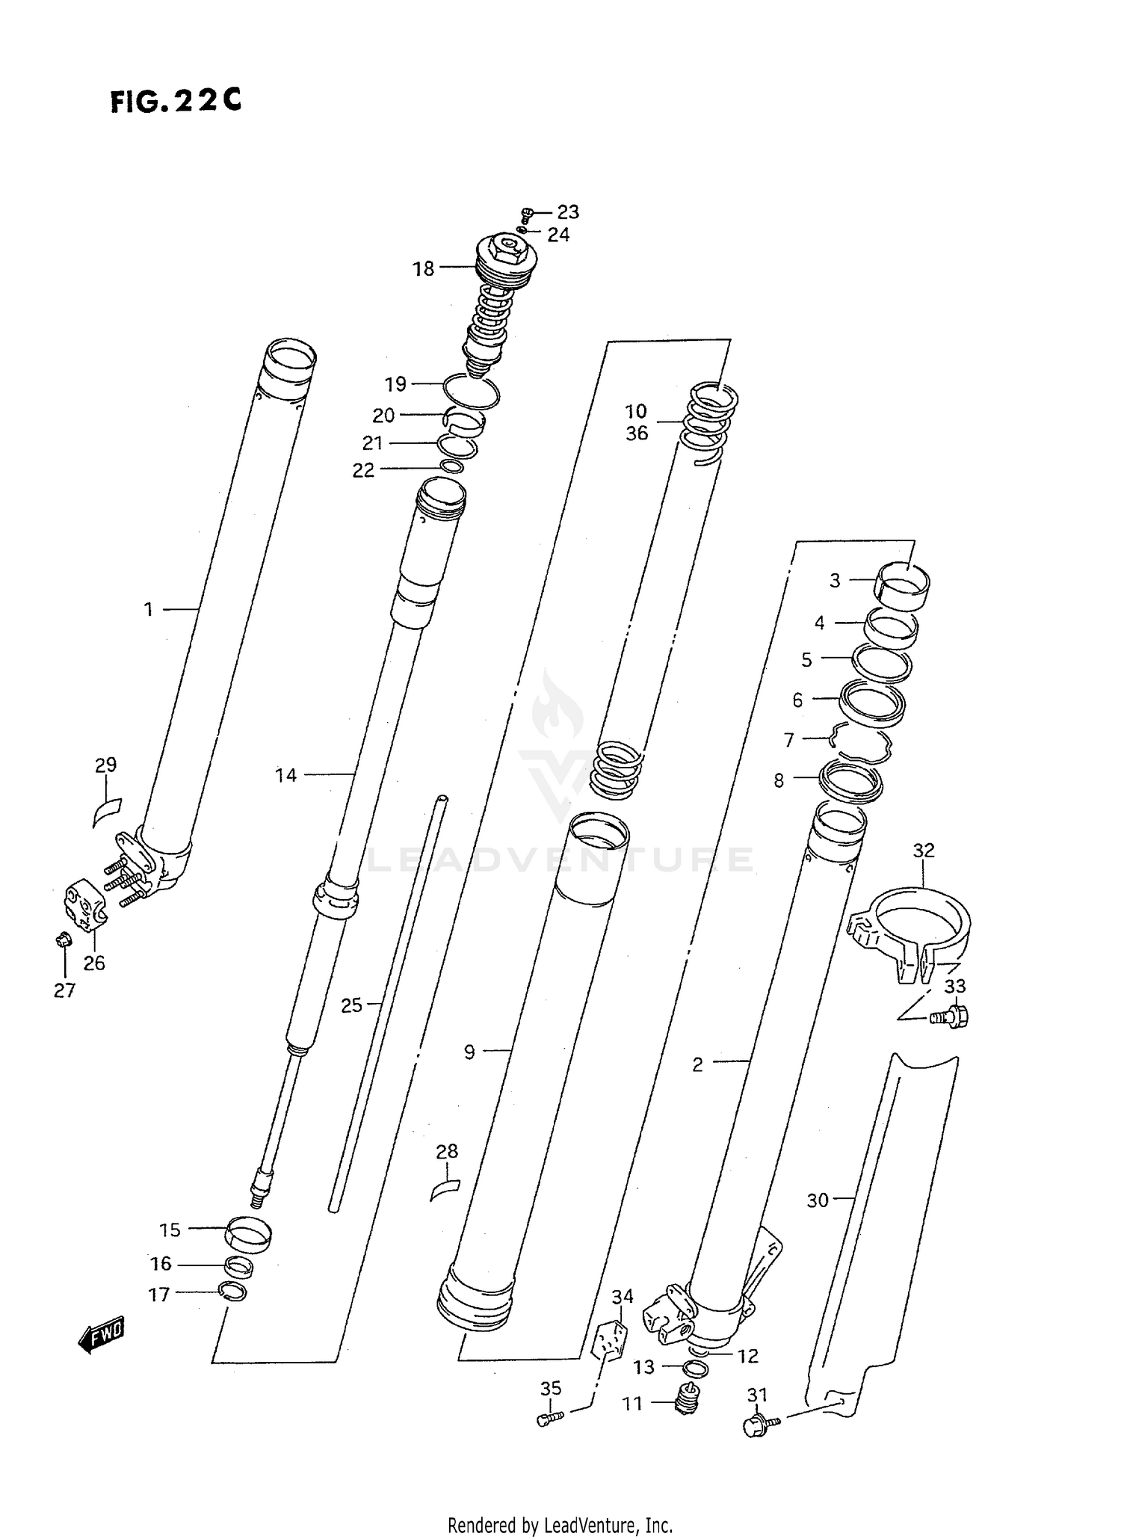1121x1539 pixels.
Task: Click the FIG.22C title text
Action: tap(176, 100)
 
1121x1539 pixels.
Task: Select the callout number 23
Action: tap(568, 212)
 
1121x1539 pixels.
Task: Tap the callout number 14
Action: tap(285, 776)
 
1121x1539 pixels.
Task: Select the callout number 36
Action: tap(637, 434)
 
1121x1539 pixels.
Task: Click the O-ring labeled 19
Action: tap(471, 391)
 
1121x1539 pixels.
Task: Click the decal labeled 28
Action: tap(445, 1187)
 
